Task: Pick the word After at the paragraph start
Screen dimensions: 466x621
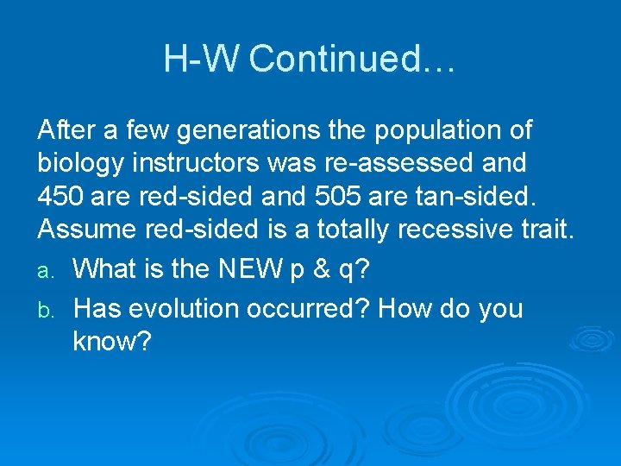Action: coord(66,131)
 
